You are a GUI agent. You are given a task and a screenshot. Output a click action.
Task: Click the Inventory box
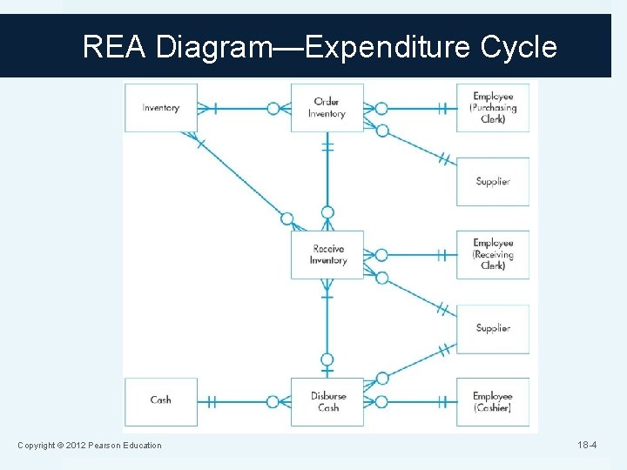[x=161, y=108]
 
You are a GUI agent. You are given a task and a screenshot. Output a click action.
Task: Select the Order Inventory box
[x=327, y=108]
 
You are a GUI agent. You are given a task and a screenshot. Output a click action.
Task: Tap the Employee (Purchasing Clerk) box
[x=493, y=108]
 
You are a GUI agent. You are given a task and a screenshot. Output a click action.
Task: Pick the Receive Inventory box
[x=327, y=255]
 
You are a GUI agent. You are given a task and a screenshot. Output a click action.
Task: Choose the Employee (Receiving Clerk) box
[x=493, y=255]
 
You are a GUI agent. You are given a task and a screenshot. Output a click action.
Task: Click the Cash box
[x=161, y=400]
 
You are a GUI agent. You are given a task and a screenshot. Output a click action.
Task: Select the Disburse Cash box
[x=327, y=401]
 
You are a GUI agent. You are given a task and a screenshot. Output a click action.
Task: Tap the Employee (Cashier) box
[x=493, y=401]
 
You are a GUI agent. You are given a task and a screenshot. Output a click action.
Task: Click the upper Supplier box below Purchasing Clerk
[x=493, y=181]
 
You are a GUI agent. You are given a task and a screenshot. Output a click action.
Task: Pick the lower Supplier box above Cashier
[x=493, y=328]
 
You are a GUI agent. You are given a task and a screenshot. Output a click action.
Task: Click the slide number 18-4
[x=587, y=446]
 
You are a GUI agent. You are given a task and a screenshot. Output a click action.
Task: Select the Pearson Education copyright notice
[x=90, y=446]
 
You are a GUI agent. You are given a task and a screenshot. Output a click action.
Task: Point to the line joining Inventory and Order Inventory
[x=244, y=109]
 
